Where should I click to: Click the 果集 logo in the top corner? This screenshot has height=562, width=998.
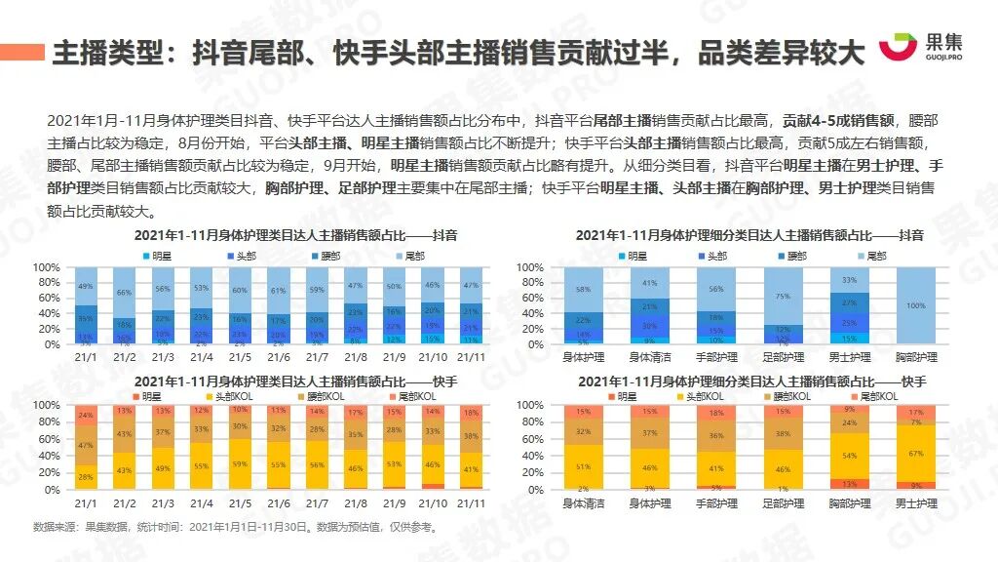pos(920,48)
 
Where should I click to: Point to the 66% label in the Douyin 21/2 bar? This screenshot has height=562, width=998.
pos(125,292)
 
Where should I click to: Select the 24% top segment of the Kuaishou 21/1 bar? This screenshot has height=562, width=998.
pos(86,414)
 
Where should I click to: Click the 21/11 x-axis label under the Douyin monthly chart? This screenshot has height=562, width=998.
pos(470,358)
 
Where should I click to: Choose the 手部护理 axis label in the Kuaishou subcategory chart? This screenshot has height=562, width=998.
pos(716,503)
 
